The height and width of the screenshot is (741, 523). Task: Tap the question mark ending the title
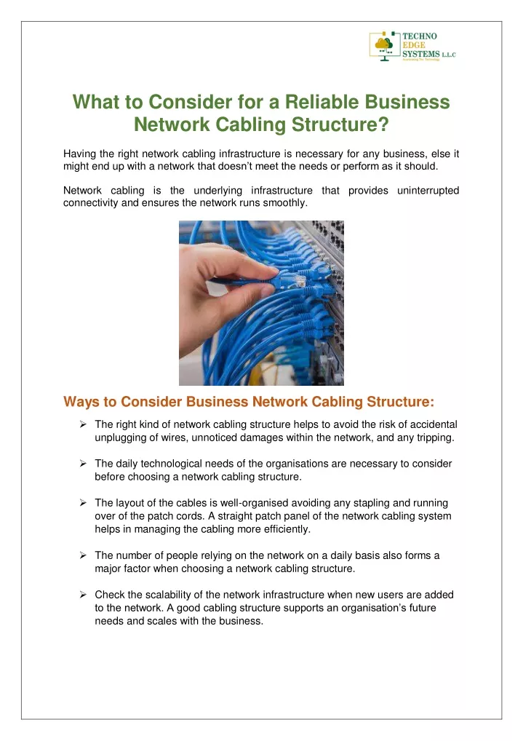tap(383, 124)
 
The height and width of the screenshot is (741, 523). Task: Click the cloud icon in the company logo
tap(383, 44)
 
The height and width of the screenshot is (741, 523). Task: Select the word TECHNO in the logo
tap(420, 36)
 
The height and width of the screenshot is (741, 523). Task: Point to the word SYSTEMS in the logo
tap(421, 54)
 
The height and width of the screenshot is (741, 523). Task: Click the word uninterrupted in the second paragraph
tap(428, 191)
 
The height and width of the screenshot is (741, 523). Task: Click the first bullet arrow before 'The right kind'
tap(83, 424)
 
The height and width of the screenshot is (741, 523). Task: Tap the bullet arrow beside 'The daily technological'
tap(83, 464)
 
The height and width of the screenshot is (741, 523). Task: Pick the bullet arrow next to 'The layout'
tap(83, 503)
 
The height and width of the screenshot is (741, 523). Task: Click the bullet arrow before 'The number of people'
tap(83, 555)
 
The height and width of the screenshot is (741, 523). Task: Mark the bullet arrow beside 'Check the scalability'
tap(83, 595)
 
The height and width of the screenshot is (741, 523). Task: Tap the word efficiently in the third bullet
tap(287, 529)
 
